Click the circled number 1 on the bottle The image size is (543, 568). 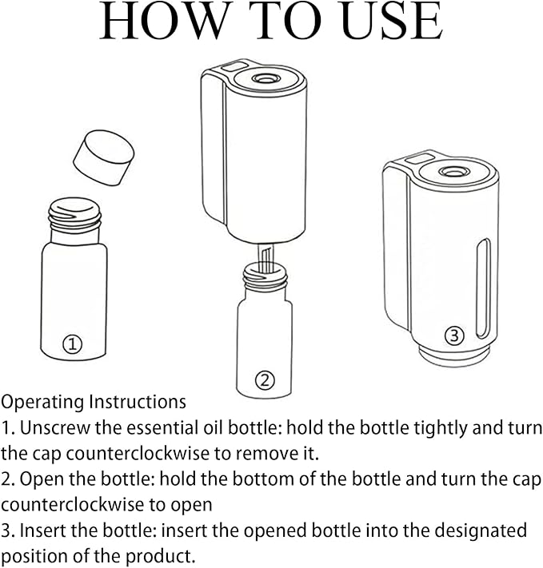tap(73, 344)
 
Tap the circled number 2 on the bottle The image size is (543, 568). tap(265, 380)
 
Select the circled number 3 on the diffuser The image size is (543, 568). tap(454, 336)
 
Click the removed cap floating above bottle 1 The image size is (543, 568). tap(103, 157)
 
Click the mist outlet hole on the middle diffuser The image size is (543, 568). tap(264, 78)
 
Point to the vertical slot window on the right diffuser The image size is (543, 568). tap(483, 288)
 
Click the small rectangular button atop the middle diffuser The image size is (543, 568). tap(234, 66)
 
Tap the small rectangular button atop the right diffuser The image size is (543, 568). tap(419, 158)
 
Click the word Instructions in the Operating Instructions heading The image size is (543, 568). tap(138, 402)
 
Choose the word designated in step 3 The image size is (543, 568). tap(481, 531)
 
